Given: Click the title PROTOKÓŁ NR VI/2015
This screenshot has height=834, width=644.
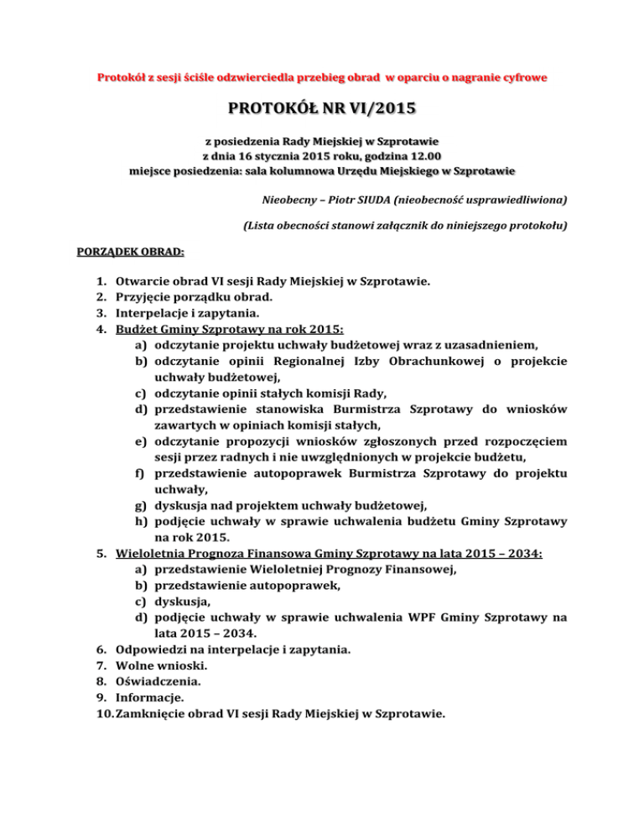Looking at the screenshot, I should coord(322,110).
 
